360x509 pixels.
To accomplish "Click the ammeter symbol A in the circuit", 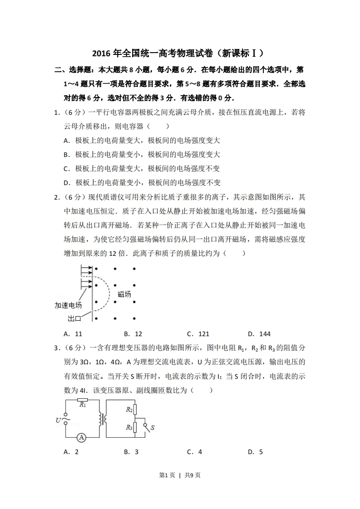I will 81,437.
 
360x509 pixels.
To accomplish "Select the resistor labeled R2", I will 135,409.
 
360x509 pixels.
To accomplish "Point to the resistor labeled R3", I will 135,427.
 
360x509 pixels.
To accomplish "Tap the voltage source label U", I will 58,421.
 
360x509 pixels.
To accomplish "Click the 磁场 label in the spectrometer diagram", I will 124,294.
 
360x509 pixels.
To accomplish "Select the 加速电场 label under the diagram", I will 68,305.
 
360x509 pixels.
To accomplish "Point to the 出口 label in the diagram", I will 74,318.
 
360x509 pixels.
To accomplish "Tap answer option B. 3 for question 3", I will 131,452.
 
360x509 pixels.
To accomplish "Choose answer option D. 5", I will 256,452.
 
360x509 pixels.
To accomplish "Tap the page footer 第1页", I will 167,475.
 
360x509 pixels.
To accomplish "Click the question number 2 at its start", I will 56,197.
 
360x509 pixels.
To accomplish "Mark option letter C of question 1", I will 66,169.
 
